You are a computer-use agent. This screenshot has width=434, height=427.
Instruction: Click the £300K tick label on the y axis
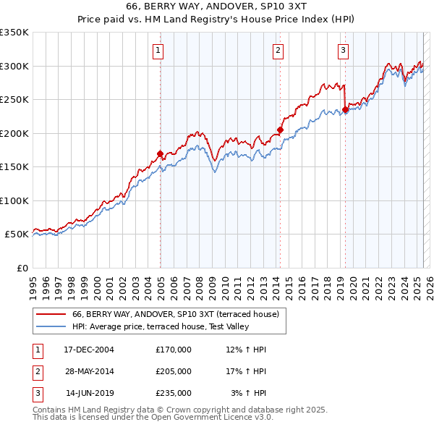pyautogui.click(x=14, y=66)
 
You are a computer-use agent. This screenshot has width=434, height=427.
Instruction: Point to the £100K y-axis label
pyautogui.click(x=14, y=200)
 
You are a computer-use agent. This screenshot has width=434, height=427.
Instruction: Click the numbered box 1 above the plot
pyautogui.click(x=158, y=50)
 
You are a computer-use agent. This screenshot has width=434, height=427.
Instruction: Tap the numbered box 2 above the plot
pyautogui.click(x=278, y=50)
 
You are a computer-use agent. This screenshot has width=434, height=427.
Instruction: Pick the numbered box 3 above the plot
pyautogui.click(x=343, y=50)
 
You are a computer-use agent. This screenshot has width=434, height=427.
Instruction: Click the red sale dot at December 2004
pyautogui.click(x=160, y=153)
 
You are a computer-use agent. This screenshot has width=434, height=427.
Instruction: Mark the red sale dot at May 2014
pyautogui.click(x=280, y=130)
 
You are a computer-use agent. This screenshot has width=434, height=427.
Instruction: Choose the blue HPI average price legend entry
pyautogui.click(x=160, y=327)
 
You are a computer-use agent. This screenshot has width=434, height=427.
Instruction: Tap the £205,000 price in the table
pyautogui.click(x=174, y=371)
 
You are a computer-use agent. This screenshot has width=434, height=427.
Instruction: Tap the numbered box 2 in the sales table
pyautogui.click(x=37, y=371)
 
